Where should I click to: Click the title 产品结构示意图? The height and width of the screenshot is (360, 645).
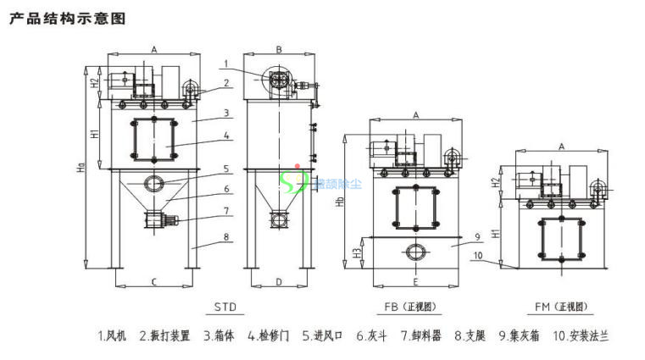(67, 19)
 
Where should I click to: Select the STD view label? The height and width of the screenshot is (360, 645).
(226, 306)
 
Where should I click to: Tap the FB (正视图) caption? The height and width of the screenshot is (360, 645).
(415, 306)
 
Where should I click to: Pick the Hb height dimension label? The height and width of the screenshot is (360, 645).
(340, 203)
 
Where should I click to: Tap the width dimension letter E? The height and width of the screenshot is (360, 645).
(414, 280)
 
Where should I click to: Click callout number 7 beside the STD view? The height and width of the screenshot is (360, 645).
(226, 210)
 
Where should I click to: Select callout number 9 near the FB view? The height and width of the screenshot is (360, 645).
(477, 235)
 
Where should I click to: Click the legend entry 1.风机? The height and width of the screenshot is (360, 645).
(112, 335)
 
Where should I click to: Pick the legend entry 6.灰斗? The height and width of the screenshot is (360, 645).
(371, 335)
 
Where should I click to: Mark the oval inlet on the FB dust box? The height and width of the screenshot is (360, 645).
(415, 251)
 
